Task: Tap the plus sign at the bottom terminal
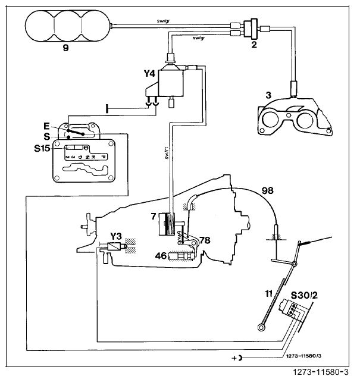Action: tap(237, 359)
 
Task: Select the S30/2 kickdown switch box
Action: tap(295, 308)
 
